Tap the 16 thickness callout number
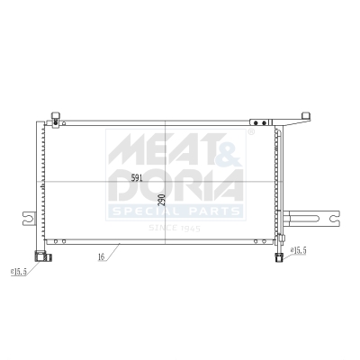pos(102,257)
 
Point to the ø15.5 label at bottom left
pos(19,270)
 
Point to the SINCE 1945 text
pos(175,227)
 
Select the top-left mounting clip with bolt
pos(56,121)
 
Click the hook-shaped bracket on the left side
pos(30,219)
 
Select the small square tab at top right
pos(306,115)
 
